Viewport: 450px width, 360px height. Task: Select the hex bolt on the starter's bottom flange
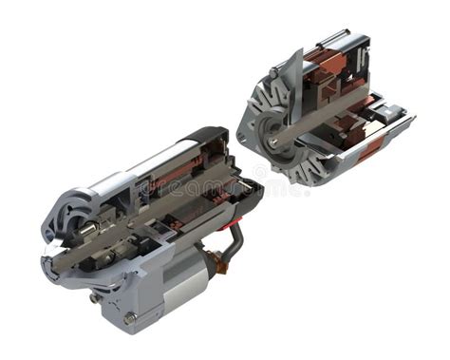[x=130, y=317]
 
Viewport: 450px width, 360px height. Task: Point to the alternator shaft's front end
[x=272, y=142]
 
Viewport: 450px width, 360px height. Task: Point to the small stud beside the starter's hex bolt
[x=95, y=297]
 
